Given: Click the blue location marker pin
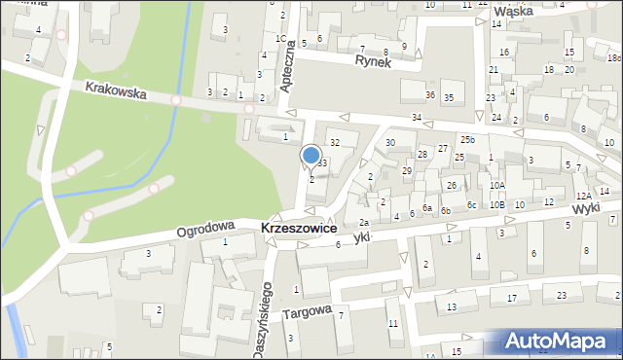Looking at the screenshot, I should pos(311,155).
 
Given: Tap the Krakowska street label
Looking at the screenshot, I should pos(115,90).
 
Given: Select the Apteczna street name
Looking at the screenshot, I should pos(287,74).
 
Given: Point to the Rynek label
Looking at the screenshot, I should pos(372,60).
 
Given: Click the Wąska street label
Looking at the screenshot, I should pos(516,12).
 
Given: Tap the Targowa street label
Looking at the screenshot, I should pos(308,313).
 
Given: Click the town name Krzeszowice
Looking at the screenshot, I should pos(299,228).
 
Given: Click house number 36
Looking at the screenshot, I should pos(430,95).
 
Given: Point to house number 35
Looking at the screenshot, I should pos(448,98).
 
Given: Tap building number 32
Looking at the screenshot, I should pos(334,143).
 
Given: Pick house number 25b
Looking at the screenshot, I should pos(467,140).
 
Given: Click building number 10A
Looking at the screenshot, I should pos(496,185).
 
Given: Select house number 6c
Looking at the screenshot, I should pos(471,204).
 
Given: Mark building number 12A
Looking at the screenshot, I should pos(582,197).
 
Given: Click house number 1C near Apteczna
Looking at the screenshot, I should pos(280,39).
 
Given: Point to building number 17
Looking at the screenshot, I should pos(511,298).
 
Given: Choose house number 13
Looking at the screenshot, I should pos(452,307).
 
